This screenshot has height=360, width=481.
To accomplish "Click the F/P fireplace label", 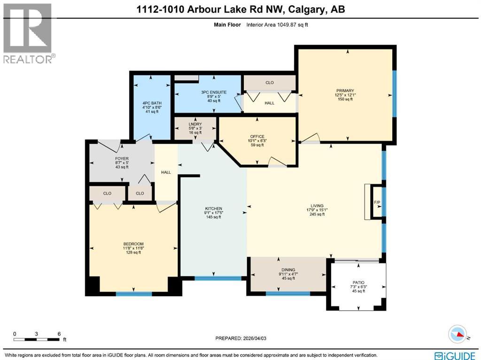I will coord(377,202).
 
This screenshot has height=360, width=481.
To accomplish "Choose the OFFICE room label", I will coord(257,136).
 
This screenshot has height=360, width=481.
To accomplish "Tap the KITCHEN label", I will coord(213,209).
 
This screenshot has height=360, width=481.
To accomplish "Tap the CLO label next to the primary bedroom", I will coord(269,83).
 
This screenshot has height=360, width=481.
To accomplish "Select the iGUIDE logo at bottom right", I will coord(455,355).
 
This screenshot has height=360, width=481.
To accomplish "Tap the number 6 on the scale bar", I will coord(59,334).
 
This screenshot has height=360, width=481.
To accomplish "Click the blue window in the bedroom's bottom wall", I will coord(133,294).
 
